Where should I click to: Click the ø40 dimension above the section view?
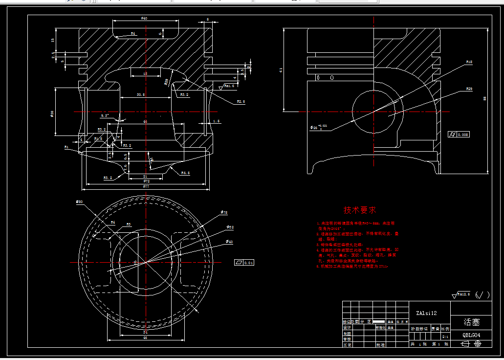click(144, 18)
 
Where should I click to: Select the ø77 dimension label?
click(146, 186)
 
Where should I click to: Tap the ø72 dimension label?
click(146, 181)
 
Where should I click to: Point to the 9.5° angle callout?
click(105, 116)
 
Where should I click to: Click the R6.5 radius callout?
click(185, 173)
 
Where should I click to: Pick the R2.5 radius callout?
click(241, 101)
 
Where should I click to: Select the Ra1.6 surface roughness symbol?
click(229, 86)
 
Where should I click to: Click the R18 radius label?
click(469, 62)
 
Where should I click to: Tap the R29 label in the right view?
click(469, 89)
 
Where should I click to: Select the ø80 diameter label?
click(80, 202)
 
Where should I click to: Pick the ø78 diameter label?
click(224, 212)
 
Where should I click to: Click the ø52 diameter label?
click(230, 227)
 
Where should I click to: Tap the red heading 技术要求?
click(360, 210)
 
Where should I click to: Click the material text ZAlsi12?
click(426, 313)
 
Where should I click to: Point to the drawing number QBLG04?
click(471, 336)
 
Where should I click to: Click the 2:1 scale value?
click(445, 337)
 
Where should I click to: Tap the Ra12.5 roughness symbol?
click(462, 294)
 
